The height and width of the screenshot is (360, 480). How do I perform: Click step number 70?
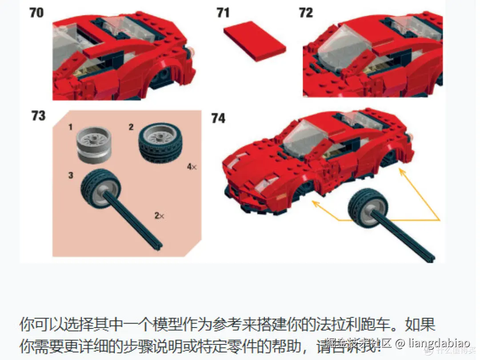(x=36, y=12)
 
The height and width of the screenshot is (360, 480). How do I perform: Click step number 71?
(x=223, y=12)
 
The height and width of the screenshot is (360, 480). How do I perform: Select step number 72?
(x=306, y=12)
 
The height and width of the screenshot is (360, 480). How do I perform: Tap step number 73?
(x=38, y=116)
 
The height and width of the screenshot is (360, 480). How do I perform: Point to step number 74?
(x=218, y=118)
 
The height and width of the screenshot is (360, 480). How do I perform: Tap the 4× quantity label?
(x=192, y=167)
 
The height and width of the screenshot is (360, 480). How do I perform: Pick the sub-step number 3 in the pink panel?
(x=71, y=176)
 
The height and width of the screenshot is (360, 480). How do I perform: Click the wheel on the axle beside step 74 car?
(x=368, y=206)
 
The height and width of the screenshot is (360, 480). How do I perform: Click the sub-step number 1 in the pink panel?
(x=70, y=127)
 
